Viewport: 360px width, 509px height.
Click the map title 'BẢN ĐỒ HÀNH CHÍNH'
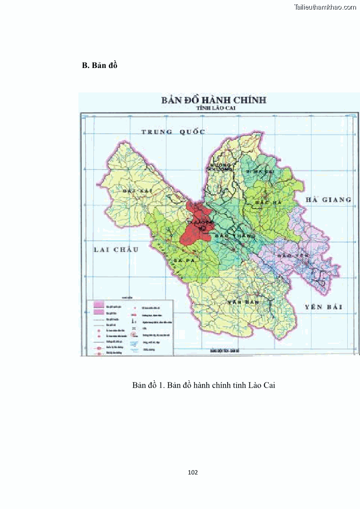coord(214,100)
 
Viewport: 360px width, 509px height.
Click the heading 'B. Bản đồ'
coord(99,65)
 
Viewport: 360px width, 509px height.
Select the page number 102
coord(193,472)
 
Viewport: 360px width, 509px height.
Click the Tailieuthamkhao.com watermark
coord(325,7)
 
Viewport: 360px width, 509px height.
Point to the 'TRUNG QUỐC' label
coord(173,132)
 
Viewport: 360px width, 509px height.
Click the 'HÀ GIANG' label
coord(328,200)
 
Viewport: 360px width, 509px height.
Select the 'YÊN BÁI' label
coord(323,307)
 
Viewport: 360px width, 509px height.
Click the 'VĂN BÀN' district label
coord(239,301)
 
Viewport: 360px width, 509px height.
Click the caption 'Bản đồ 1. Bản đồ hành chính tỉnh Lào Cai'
coord(204,385)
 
